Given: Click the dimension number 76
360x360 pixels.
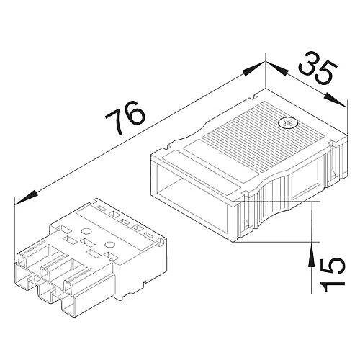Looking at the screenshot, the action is coord(125,117).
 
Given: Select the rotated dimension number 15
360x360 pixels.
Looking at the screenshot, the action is coord(333,274).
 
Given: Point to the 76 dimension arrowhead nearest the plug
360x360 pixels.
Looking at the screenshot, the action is coord(26,198).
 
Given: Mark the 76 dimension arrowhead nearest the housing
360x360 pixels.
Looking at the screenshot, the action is coord(253,69).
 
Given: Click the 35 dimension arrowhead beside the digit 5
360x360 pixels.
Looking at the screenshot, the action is coord(336,99).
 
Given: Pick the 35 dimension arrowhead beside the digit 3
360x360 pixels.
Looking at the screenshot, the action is coord(276,69).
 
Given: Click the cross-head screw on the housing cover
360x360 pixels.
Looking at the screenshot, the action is coord(288,122).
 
